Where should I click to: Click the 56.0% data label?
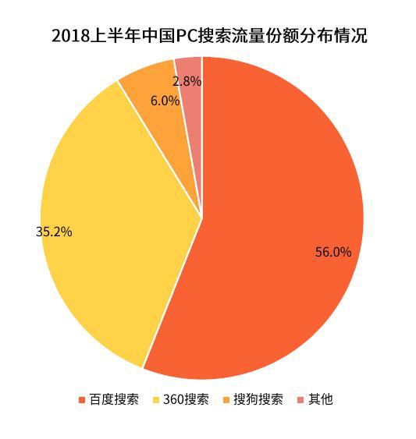[333, 252]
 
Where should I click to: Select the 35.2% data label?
[54, 232]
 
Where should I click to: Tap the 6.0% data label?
[165, 101]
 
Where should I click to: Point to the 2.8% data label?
[187, 81]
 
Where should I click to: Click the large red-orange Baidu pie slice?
[275, 224]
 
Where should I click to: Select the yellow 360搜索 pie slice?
[112, 224]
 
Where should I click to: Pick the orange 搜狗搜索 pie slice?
[162, 118]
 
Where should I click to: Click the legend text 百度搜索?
[114, 399]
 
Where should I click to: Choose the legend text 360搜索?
[186, 399]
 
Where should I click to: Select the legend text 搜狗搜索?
[258, 399]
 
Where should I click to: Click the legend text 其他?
[321, 399]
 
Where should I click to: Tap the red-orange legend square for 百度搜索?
[82, 400]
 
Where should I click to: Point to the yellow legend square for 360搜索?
[155, 400]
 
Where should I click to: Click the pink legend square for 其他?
[300, 400]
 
